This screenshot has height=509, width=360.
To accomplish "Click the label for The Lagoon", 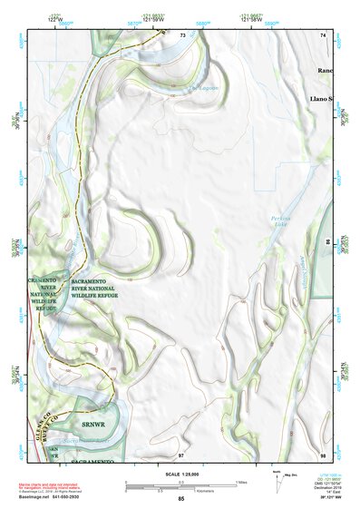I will point(204,88).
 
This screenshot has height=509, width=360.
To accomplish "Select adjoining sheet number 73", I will point(182,34).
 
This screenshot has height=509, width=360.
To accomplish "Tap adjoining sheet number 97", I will point(181,454).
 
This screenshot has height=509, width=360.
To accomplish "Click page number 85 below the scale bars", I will point(181,499).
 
